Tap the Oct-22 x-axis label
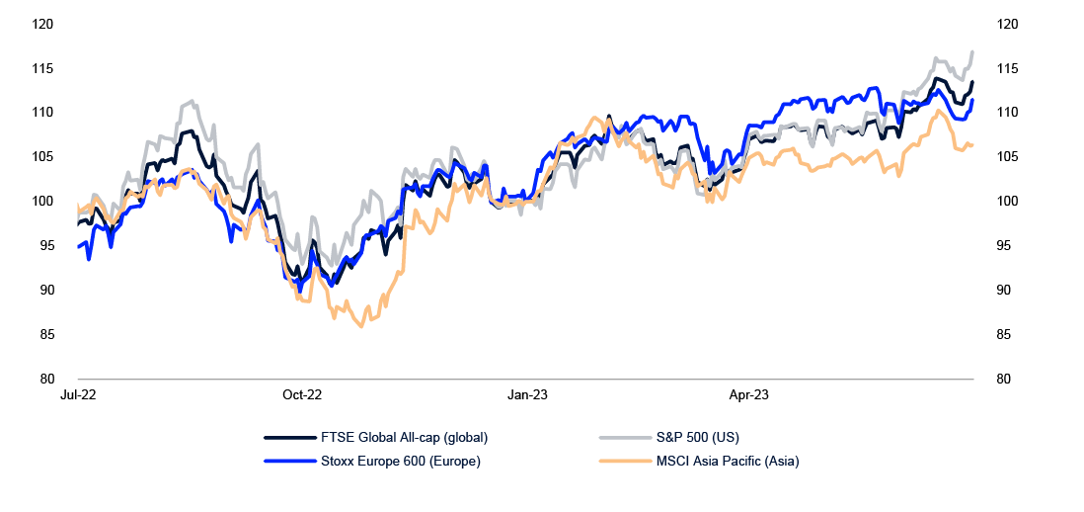(302, 394)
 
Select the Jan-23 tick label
(527, 394)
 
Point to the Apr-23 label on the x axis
(749, 394)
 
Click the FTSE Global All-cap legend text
(405, 437)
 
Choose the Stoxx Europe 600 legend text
(401, 461)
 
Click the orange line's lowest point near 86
(361, 325)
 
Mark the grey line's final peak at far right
(972, 51)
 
